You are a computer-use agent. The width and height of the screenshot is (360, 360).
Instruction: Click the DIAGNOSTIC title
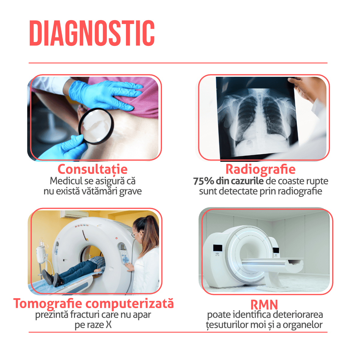(92, 33)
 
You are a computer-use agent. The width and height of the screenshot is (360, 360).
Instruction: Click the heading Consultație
(92, 169)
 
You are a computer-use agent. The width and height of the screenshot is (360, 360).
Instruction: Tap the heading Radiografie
(260, 169)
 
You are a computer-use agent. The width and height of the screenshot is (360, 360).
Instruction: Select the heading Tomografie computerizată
(93, 303)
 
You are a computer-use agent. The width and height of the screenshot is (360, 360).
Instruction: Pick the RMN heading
(264, 305)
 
